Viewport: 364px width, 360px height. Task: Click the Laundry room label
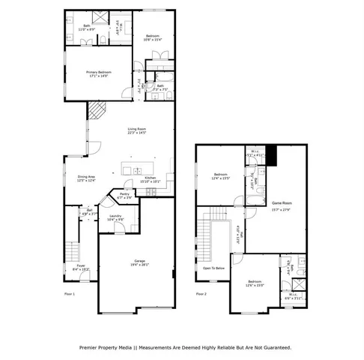coord(115,216)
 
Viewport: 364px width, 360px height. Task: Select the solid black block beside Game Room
coord(272,154)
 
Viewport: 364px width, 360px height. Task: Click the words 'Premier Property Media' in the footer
coord(104,347)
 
